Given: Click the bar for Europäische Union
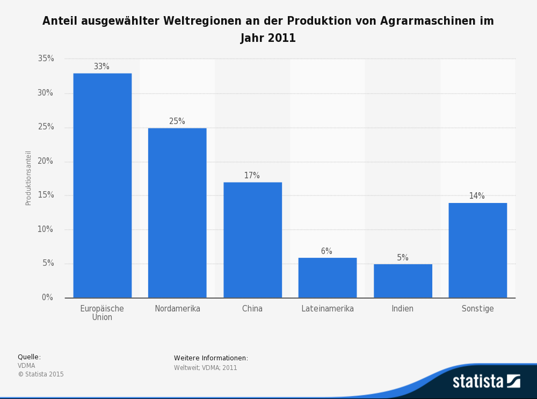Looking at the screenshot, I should [x=102, y=185].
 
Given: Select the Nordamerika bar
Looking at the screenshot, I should [x=177, y=213].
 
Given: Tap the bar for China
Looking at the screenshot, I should [x=252, y=240].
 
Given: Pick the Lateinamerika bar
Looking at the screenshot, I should [x=328, y=278].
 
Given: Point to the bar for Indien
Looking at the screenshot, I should [x=403, y=281].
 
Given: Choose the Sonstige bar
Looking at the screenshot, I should [x=477, y=250].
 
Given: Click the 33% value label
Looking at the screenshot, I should [x=101, y=67].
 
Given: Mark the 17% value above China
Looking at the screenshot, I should [x=252, y=176].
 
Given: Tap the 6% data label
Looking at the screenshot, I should [x=326, y=251].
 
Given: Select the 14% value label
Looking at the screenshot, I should [x=477, y=196].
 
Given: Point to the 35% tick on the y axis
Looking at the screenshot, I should [x=46, y=59].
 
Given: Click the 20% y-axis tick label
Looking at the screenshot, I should [x=46, y=161].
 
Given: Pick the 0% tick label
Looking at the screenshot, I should [x=48, y=298].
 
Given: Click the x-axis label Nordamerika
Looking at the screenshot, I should [x=177, y=309].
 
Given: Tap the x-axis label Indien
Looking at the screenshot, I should [x=403, y=309].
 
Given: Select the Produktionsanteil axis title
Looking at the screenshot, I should [x=28, y=178].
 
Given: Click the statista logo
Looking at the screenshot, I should [x=486, y=381].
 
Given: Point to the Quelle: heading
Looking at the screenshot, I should [x=29, y=357].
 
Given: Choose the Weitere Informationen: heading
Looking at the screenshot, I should [x=211, y=358].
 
